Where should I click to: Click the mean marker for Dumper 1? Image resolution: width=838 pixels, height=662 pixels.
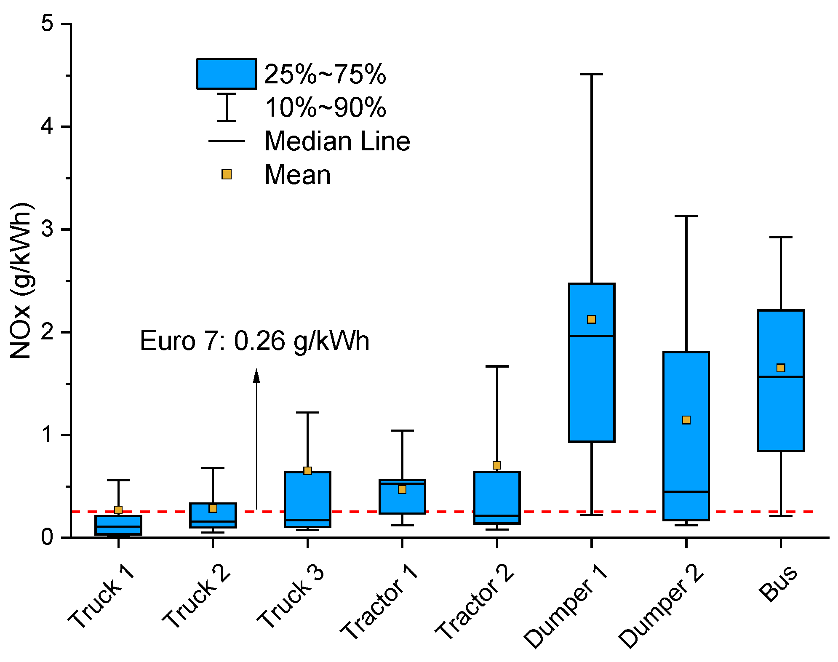coord(591,319)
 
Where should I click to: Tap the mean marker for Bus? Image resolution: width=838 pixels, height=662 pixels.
coord(781,368)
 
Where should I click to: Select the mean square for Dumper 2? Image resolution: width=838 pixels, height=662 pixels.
coord(686,420)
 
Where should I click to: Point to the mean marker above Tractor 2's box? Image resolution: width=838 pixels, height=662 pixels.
coord(497,465)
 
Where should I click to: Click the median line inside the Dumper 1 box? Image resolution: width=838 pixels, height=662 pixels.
coord(592,336)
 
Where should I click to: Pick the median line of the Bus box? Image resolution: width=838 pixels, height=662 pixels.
coord(781,377)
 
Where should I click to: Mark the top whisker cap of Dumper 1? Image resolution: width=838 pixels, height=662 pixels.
coord(592,74)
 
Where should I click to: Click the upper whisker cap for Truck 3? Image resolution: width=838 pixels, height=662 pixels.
coord(307,412)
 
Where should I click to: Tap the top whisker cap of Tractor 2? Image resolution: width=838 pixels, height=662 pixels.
coord(497,366)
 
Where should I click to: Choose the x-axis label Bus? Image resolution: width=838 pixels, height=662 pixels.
coord(778,583)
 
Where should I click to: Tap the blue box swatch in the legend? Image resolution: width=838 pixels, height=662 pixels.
coord(227,74)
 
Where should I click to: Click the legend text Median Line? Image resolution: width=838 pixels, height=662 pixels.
coord(337,141)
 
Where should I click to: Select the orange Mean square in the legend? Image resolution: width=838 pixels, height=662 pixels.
coord(227,174)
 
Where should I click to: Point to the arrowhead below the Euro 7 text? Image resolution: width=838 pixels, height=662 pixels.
coord(256,376)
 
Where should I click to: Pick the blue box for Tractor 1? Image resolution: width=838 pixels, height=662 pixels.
coord(402,496)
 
